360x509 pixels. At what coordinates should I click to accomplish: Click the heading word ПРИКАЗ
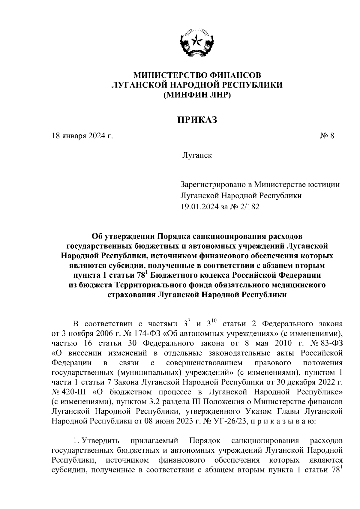[196, 120]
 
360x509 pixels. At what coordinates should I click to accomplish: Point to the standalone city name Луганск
[196, 156]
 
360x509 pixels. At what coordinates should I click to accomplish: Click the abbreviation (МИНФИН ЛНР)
[197, 95]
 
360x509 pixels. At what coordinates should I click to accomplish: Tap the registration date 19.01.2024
[200, 207]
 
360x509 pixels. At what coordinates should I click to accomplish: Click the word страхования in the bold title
[131, 295]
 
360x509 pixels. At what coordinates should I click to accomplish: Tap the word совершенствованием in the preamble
[204, 363]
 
